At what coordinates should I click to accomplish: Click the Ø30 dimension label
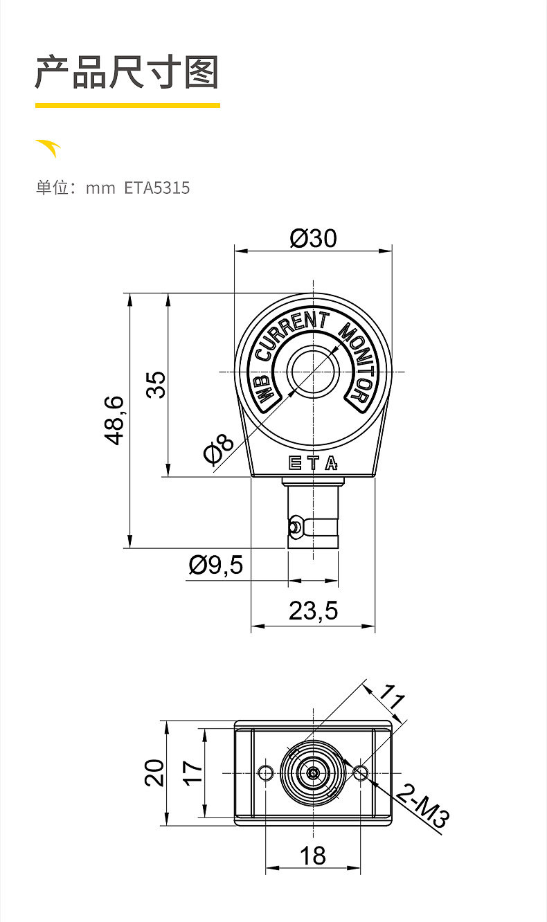coord(313,238)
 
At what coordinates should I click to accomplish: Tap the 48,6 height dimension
coord(114,420)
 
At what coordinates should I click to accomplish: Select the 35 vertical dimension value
coord(156,384)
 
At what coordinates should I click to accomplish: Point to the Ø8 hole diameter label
coord(219,448)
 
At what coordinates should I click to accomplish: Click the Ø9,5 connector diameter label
coord(216,565)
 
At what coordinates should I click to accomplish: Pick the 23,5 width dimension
coord(313,611)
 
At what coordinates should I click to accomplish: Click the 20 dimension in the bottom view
coord(154,772)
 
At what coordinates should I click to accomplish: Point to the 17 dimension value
coord(192,773)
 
